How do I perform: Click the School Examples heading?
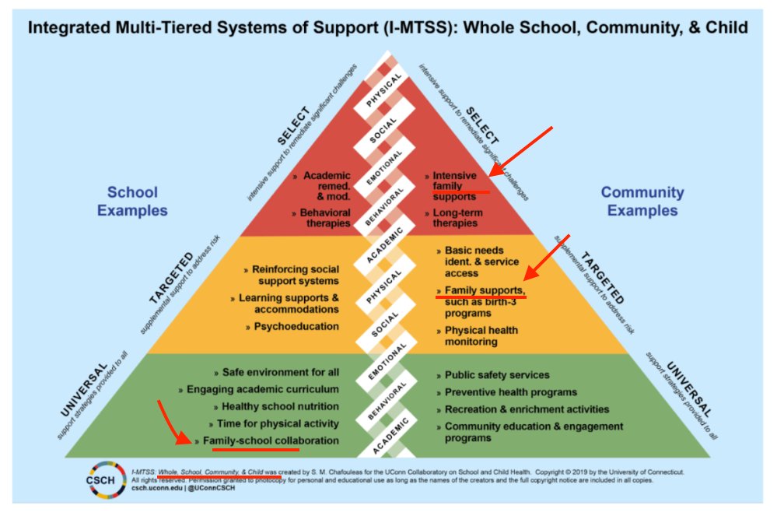pos(132,201)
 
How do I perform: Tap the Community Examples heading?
pos(642,201)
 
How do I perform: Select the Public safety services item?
pos(497,374)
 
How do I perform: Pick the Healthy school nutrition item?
pos(280,406)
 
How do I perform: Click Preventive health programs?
pos(510,391)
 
